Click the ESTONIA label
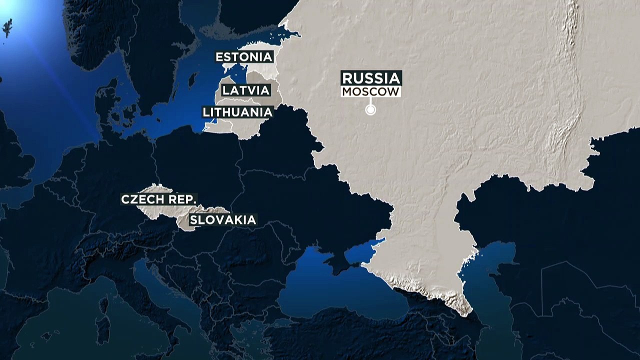click(244, 57)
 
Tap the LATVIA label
click(246, 90)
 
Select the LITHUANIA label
click(238, 112)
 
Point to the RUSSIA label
click(371, 78)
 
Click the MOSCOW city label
click(371, 92)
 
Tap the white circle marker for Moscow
click(370, 110)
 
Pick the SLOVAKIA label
click(222, 219)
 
